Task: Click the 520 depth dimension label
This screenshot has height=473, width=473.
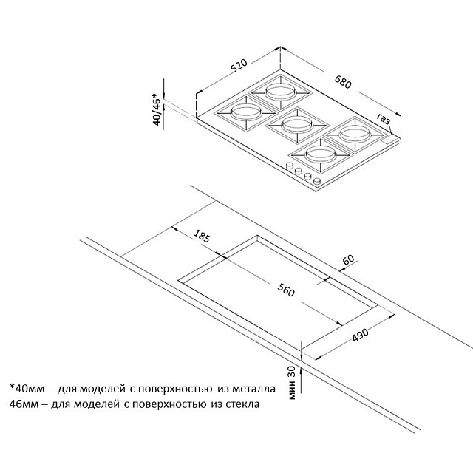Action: [x=237, y=68]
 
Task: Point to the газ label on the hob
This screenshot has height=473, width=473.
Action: [x=383, y=120]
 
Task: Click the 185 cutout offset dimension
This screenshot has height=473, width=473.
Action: [x=202, y=237]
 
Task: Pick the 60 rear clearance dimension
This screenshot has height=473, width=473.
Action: [x=348, y=261]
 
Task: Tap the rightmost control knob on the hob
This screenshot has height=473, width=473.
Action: [x=316, y=181]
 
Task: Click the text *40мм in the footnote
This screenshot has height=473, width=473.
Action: [x=27, y=387]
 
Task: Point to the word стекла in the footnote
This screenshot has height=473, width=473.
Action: [x=242, y=404]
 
